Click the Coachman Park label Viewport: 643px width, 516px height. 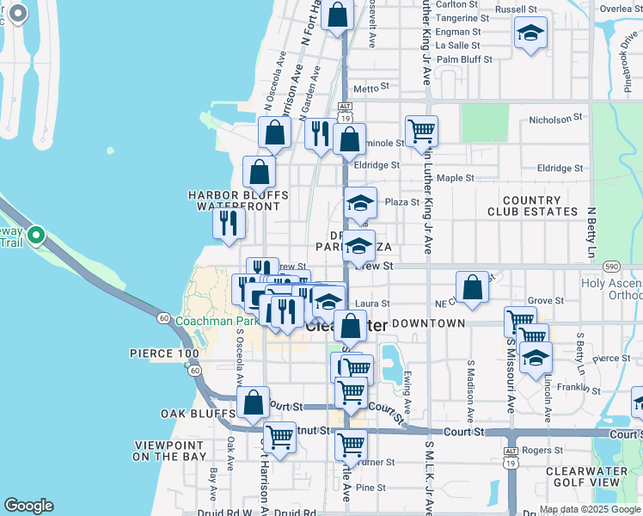217,322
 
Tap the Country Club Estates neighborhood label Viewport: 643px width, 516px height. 536,206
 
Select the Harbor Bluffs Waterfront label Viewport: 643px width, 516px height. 238,200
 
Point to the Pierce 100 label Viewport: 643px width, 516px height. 164,353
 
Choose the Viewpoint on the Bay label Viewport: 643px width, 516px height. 170,451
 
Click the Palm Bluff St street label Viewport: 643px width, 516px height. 464,60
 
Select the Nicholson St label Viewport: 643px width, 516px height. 555,119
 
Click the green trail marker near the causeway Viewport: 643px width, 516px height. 35,234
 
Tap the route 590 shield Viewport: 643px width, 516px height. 611,267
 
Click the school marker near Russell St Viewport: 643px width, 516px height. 530,34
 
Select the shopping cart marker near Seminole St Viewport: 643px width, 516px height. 421,131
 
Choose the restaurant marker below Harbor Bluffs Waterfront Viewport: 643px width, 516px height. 229,223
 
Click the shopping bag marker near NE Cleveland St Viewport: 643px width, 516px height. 472,288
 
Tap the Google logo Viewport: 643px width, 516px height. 28,506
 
